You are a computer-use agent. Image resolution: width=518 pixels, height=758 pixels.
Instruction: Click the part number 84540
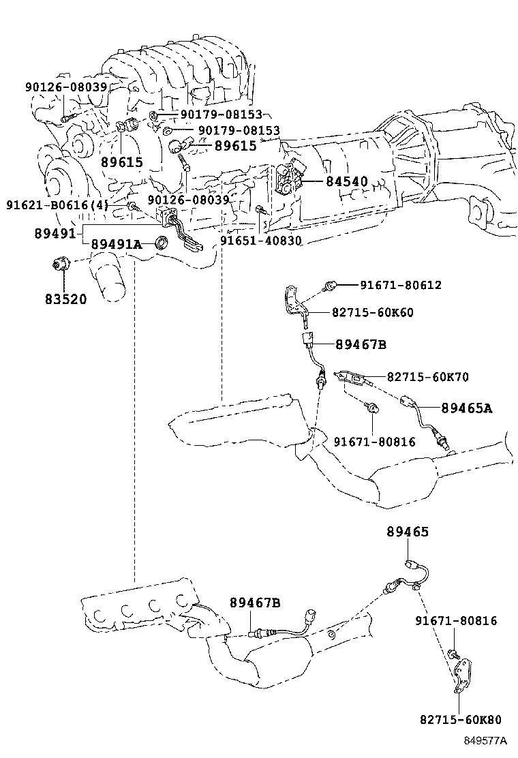tap(346, 182)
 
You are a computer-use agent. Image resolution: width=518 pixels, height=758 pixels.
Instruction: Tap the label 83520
tap(65, 299)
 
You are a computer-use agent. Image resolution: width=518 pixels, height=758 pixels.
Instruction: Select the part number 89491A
tap(117, 244)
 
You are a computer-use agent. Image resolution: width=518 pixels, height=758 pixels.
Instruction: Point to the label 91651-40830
tap(261, 241)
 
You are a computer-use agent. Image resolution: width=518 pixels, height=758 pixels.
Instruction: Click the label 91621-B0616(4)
tap(57, 205)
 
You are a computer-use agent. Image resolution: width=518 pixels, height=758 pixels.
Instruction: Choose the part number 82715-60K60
tap(373, 312)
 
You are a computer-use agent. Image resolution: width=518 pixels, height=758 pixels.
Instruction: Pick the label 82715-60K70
tap(427, 376)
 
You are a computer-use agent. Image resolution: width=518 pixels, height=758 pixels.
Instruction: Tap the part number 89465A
tap(466, 408)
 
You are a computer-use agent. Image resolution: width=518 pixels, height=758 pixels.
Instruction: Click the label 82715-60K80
tap(461, 720)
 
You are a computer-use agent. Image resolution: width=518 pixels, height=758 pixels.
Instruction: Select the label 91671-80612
tap(401, 285)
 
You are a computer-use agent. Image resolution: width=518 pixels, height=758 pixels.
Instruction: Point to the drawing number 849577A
tap(485, 740)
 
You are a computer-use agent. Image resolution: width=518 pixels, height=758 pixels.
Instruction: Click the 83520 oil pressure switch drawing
tap(61, 264)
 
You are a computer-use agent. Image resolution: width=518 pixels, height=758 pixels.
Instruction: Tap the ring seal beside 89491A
tap(162, 243)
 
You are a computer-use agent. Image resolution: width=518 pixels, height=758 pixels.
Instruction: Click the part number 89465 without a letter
tap(408, 532)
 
